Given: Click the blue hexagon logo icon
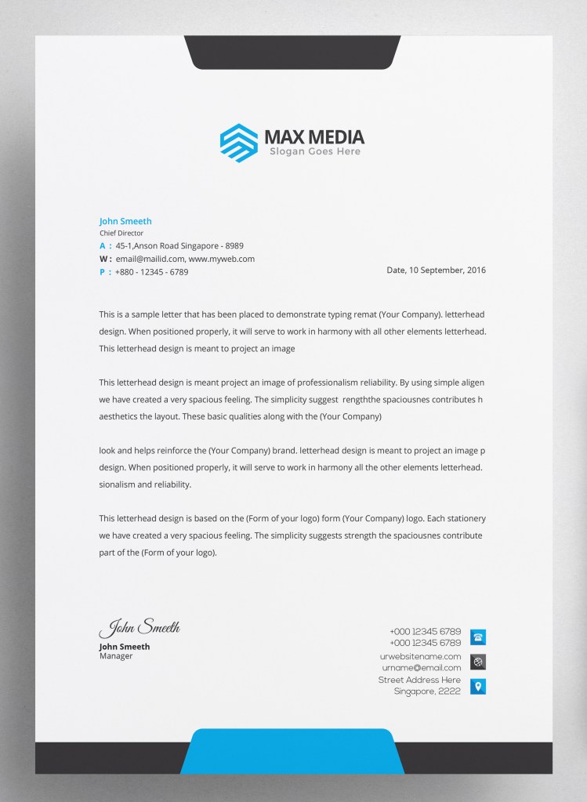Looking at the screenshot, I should pos(239,143).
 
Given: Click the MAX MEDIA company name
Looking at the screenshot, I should pos(314,138).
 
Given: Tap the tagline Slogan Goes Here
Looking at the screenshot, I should pos(314,152).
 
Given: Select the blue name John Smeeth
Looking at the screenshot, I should pos(125,222).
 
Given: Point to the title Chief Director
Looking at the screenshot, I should pos(121,234).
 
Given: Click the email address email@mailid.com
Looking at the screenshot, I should pos(150,259).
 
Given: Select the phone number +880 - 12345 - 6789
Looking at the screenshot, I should pos(151,272).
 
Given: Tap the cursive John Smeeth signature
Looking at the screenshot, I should pos(140,627).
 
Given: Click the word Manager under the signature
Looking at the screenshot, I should pos(116,656).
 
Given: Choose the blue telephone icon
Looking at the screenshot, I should pos(477,637).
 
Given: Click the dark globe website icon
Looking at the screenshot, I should pos(477,662).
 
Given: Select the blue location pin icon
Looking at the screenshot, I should pos(477,687).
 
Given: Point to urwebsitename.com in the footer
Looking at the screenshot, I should pos(420,656).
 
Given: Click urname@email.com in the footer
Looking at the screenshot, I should pos(422,667).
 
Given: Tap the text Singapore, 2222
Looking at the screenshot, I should pos(427,692).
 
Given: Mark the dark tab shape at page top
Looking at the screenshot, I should pos(292,52).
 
